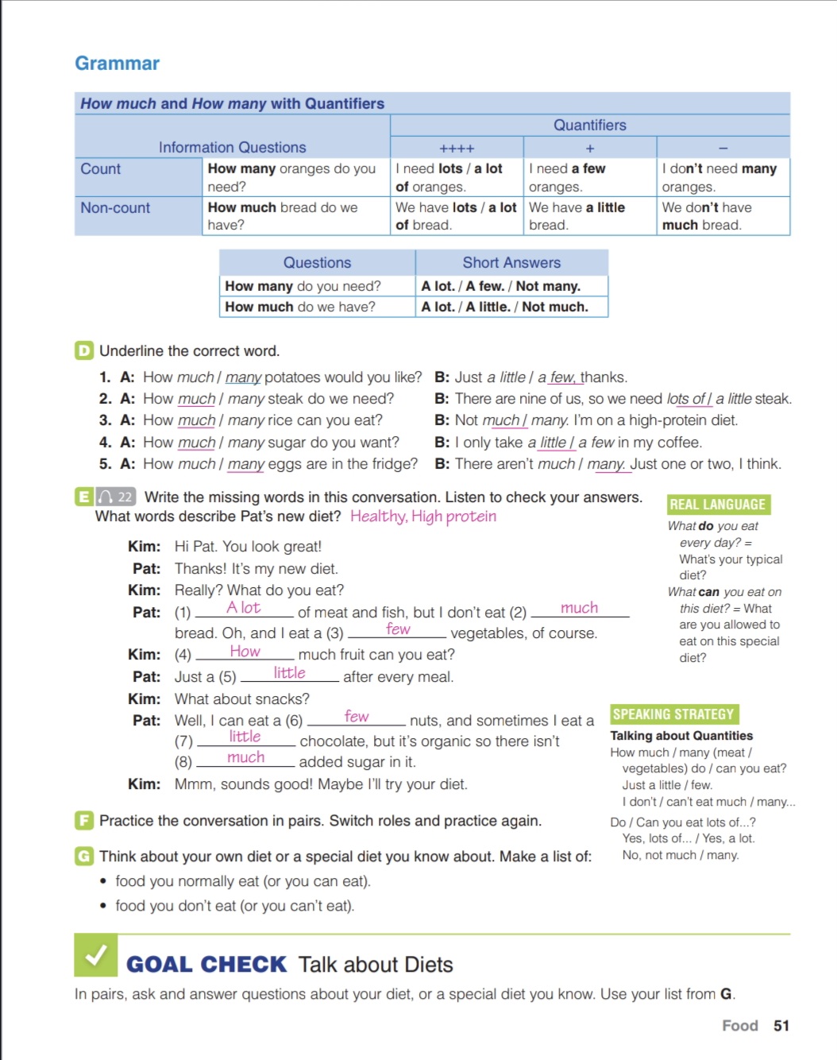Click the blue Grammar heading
117,64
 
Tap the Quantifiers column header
589,125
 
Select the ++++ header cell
457,149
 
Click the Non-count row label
115,208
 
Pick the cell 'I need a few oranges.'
589,177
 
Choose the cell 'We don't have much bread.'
722,216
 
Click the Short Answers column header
511,263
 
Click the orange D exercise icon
83,350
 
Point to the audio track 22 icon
116,497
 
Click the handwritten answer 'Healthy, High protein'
423,516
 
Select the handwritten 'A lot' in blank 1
243,608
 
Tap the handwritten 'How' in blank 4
245,652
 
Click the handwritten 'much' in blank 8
245,757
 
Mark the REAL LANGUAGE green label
718,505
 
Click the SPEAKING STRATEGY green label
673,714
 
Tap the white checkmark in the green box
96,955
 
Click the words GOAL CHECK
206,965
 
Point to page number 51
781,1026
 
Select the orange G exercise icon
83,856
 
